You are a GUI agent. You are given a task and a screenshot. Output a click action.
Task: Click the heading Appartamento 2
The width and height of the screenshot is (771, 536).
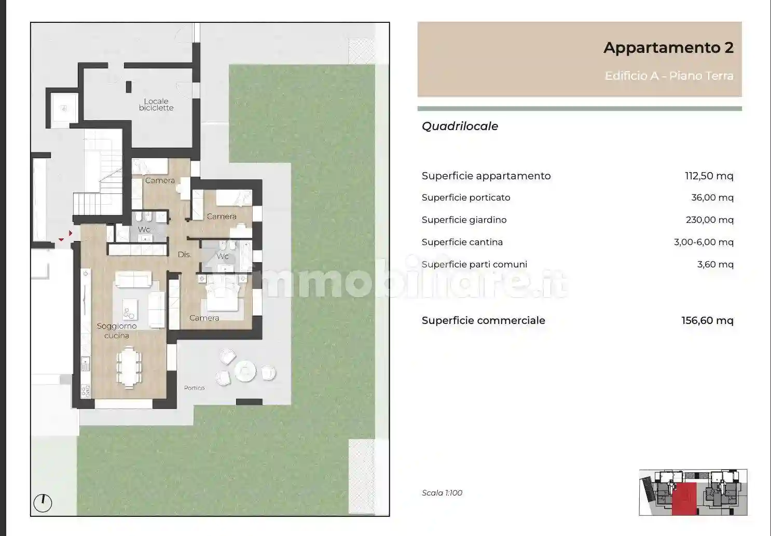[x=668, y=48]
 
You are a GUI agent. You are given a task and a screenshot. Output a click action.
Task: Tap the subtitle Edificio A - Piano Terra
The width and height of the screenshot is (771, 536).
[x=669, y=76]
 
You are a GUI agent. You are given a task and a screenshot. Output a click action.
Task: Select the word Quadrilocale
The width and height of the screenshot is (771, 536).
[x=460, y=126]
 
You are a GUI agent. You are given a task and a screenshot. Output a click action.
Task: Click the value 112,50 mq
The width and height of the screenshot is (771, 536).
[x=709, y=176]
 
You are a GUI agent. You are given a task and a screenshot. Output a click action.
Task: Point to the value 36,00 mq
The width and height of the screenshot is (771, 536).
[x=712, y=198]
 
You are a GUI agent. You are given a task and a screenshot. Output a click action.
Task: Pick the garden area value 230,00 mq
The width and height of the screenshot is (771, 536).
[x=709, y=220]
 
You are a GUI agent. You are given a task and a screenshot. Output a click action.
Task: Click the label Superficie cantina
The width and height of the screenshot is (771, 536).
[x=462, y=242]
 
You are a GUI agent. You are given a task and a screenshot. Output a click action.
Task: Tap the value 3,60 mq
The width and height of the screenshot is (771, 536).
[x=715, y=264]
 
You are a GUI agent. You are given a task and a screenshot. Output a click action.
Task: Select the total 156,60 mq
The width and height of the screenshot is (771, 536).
[x=707, y=320]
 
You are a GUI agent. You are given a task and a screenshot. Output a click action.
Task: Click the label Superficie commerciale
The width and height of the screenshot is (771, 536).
[x=483, y=320]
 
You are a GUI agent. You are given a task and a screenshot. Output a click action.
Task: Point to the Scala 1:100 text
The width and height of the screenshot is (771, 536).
[x=442, y=493]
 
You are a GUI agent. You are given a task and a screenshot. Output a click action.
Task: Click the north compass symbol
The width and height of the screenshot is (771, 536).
[x=43, y=503]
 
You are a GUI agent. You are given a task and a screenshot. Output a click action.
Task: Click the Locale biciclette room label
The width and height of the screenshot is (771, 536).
[x=156, y=105]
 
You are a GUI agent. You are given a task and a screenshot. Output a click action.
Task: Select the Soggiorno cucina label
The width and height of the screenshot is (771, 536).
[x=117, y=331]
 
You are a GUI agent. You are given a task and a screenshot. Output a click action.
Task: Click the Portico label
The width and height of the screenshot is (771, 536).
[x=194, y=388]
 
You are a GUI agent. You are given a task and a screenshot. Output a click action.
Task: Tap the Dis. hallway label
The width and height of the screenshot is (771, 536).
[x=184, y=255]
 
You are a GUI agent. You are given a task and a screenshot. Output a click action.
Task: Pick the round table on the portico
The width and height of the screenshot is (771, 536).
[x=244, y=371]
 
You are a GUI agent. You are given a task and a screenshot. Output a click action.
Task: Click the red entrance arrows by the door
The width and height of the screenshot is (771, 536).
[x=66, y=236]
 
